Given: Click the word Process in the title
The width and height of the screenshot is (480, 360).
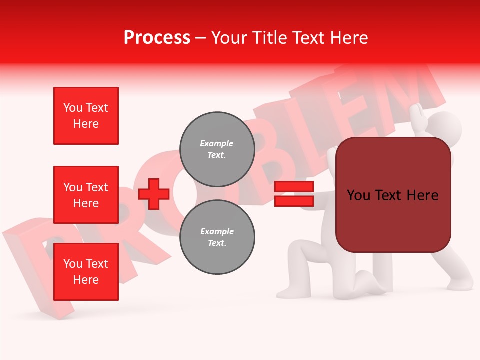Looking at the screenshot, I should click(157, 38).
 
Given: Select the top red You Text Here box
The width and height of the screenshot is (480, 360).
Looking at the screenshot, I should click(86, 116).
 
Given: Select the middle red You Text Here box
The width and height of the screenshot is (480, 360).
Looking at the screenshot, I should click(86, 195).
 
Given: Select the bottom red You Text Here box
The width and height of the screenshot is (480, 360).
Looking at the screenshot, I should click(86, 272).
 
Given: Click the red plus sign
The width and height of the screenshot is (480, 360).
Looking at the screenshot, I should click(154, 194).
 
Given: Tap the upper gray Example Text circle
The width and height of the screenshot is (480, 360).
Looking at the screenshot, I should click(217, 149).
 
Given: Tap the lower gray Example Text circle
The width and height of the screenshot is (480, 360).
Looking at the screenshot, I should click(217, 237).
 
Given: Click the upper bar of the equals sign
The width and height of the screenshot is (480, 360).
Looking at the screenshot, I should click(294, 187).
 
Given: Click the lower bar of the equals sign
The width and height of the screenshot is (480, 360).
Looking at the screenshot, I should click(294, 201).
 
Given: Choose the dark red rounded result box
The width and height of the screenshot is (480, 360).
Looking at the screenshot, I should click(393, 195).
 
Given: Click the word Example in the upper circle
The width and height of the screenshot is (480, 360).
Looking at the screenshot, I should click(217, 143).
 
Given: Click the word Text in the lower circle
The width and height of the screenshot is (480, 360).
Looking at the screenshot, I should click(217, 243).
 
